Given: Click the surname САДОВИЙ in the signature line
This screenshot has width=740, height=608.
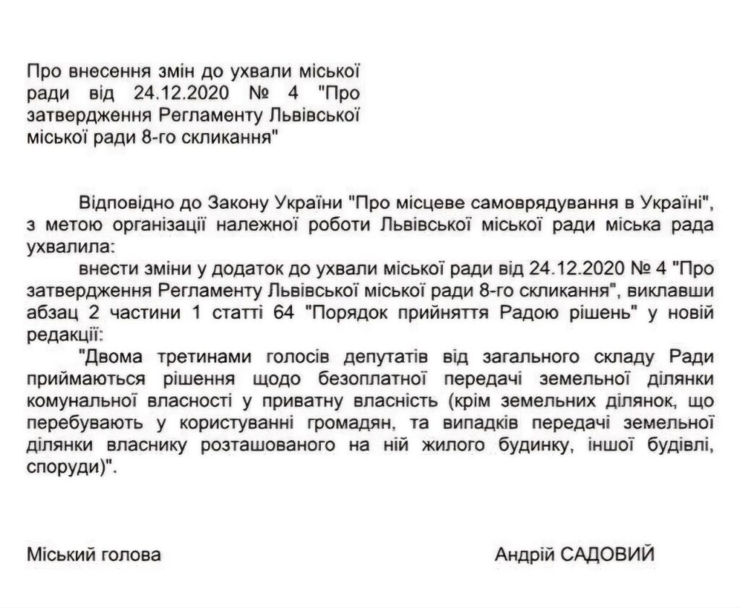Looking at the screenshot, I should coord(611,555).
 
